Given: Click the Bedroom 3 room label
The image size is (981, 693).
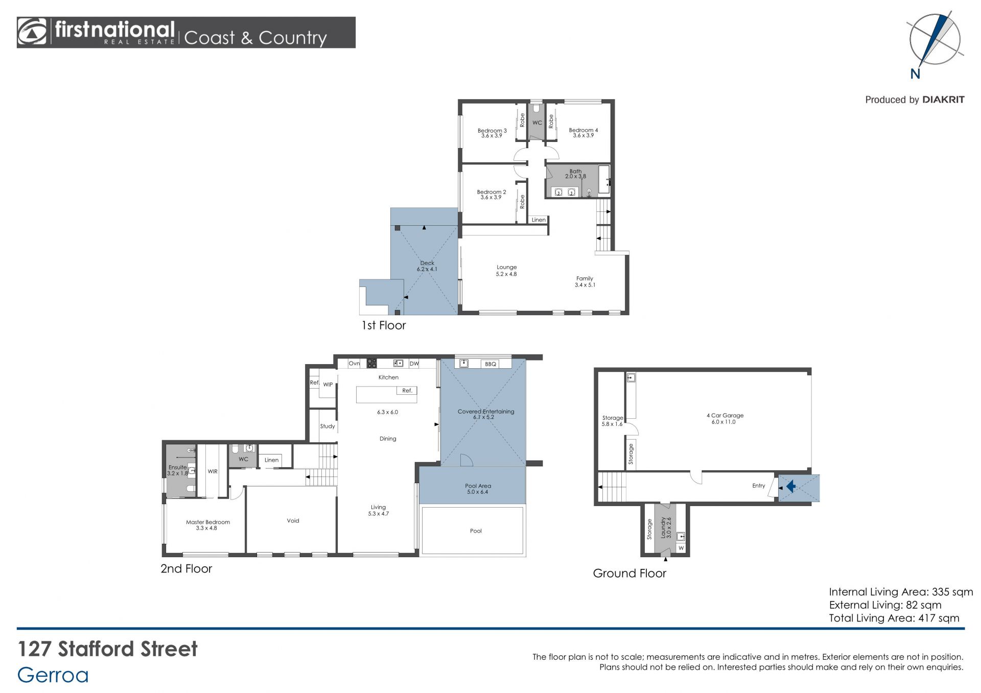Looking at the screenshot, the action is (x=492, y=133).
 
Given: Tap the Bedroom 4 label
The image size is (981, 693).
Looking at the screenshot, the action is (x=583, y=133).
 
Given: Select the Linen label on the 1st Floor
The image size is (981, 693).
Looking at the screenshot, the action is (x=539, y=220).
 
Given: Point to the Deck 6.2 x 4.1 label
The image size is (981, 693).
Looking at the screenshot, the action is (x=427, y=266).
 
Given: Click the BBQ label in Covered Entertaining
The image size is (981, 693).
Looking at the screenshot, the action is (x=491, y=364).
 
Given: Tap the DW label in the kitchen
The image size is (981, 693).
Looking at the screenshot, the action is (x=414, y=364).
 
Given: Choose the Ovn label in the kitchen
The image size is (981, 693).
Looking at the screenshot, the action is (x=354, y=364).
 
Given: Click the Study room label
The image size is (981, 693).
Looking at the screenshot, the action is (x=328, y=426).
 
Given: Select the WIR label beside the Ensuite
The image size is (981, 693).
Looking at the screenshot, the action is (x=213, y=471).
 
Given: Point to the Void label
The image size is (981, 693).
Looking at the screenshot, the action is (x=293, y=521).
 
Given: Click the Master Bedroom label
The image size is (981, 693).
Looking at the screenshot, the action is (x=207, y=525).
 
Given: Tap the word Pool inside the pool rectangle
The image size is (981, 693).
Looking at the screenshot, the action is (x=476, y=531).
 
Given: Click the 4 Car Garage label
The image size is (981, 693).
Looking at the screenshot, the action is (x=725, y=418).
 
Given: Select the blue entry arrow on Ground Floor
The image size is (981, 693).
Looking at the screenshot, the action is (x=791, y=486).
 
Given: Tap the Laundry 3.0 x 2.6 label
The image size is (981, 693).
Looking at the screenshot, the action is (x=666, y=528).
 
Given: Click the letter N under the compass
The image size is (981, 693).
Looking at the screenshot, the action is (x=915, y=74).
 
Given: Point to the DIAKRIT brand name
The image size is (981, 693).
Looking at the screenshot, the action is (x=943, y=100).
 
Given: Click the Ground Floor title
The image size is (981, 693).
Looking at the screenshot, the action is (x=629, y=573).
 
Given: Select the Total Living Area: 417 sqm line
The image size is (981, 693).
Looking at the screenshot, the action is (x=894, y=618).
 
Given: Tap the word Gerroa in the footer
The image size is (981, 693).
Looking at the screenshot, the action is (x=53, y=675).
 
